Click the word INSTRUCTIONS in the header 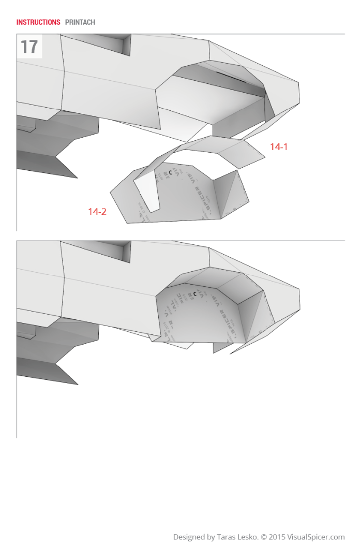pyautogui.click(x=38, y=22)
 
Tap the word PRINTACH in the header pyautogui.click(x=80, y=22)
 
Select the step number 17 pyautogui.click(x=29, y=47)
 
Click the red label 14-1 pyautogui.click(x=279, y=147)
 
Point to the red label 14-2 pyautogui.click(x=97, y=211)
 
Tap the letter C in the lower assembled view pyautogui.click(x=194, y=294)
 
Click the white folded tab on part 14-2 pyautogui.click(x=147, y=192)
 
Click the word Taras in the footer pyautogui.click(x=230, y=537)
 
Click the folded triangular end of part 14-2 pyautogui.click(x=231, y=194)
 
